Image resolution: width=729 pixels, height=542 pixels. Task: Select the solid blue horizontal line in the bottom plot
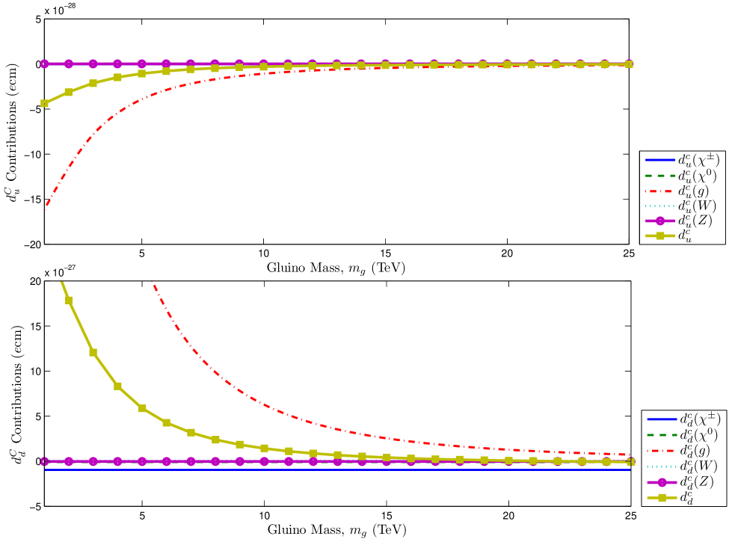[336, 469]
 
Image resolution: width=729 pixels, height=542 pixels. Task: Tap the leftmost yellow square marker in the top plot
[44, 103]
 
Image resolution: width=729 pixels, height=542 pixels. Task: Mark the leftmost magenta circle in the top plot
[44, 64]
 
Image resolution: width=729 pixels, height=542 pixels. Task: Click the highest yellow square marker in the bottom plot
[69, 301]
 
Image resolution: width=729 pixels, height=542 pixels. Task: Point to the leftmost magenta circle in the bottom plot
[44, 461]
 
